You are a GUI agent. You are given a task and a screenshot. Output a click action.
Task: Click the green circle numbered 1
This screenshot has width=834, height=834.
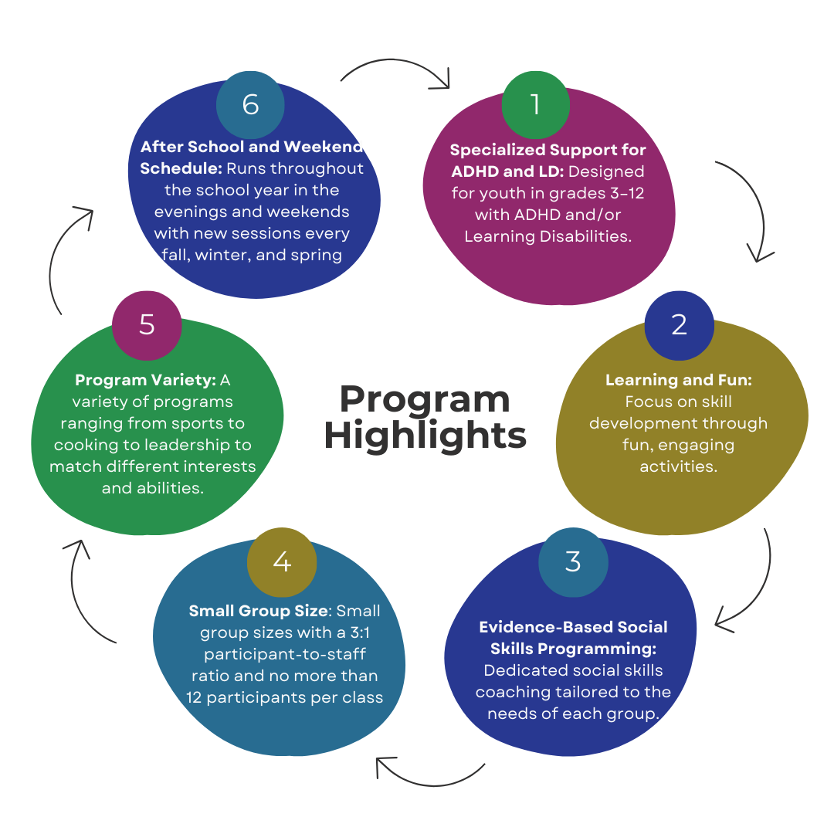(535, 105)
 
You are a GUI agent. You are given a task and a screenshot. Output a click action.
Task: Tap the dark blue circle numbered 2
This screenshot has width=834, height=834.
(679, 324)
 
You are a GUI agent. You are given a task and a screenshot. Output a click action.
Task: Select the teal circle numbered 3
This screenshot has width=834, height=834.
(572, 561)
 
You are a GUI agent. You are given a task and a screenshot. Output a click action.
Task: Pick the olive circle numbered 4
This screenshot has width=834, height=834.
(282, 561)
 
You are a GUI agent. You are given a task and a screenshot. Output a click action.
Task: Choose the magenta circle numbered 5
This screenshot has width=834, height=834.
(147, 324)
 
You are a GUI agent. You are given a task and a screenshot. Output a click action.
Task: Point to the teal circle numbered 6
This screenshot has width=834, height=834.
(250, 105)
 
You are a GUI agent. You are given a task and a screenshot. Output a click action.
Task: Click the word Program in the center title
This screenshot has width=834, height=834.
(425, 400)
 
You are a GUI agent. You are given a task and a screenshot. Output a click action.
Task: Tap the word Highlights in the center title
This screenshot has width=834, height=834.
(425, 435)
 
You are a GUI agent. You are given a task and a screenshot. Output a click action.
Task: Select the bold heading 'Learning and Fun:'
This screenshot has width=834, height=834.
(678, 380)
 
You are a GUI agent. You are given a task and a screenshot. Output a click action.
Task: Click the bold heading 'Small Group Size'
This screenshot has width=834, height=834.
(258, 611)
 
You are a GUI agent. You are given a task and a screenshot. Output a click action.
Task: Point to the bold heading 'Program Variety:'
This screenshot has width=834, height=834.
(146, 380)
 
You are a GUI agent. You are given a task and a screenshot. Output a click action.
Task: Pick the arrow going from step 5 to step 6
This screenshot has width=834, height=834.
(65, 255)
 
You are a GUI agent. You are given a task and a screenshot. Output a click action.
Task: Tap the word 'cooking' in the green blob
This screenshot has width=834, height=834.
(84, 446)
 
